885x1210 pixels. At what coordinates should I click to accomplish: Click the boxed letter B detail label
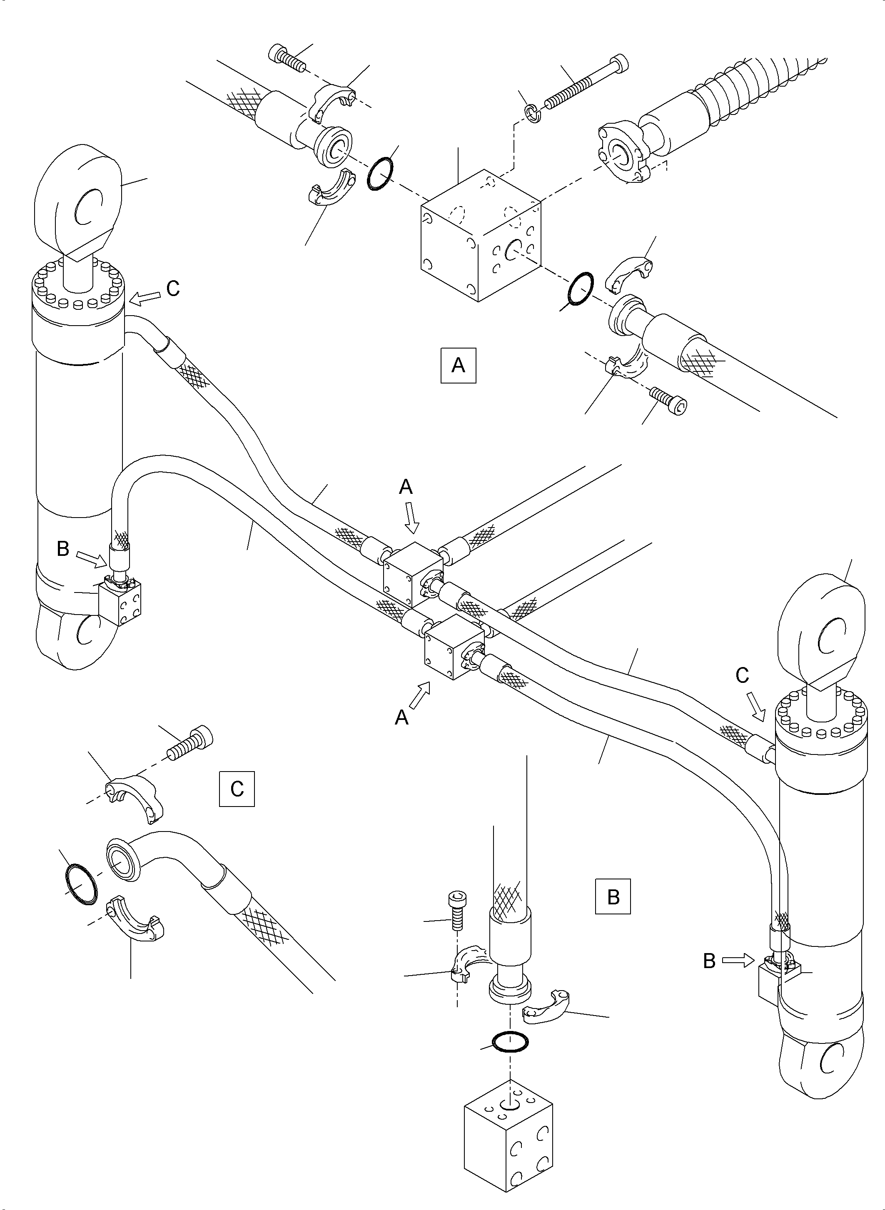(613, 896)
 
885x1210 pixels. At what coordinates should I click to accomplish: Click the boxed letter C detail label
(237, 789)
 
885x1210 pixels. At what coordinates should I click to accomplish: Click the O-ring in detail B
(509, 1040)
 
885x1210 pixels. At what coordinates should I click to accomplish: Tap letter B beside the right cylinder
(709, 961)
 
